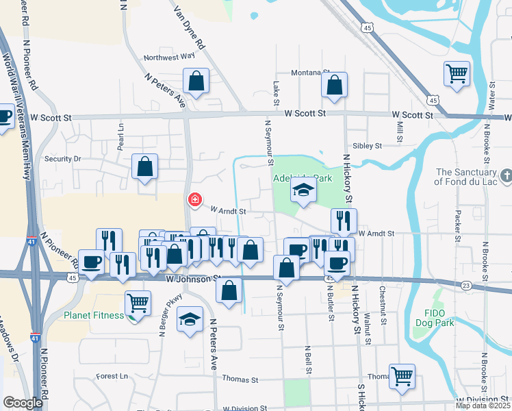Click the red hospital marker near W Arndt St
coord(195,200)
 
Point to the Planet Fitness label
coord(94,315)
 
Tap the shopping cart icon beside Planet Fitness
coord(138,301)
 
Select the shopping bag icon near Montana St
coord(335,86)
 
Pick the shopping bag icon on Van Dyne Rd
coord(196,81)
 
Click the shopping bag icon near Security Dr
coord(145,166)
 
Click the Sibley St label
coord(366,146)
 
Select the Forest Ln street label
coord(112,376)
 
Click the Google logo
coord(23,403)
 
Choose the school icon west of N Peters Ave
coord(190,319)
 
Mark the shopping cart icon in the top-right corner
coord(457,73)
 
